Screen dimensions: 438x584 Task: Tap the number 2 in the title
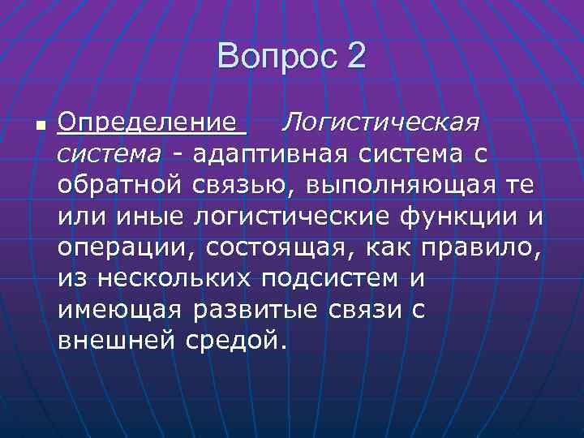pos(356,57)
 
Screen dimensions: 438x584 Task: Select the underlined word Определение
pos(152,124)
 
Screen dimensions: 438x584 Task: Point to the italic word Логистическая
pos(380,124)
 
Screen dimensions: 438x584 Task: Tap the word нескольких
pos(177,278)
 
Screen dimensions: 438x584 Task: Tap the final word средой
pos(237,340)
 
